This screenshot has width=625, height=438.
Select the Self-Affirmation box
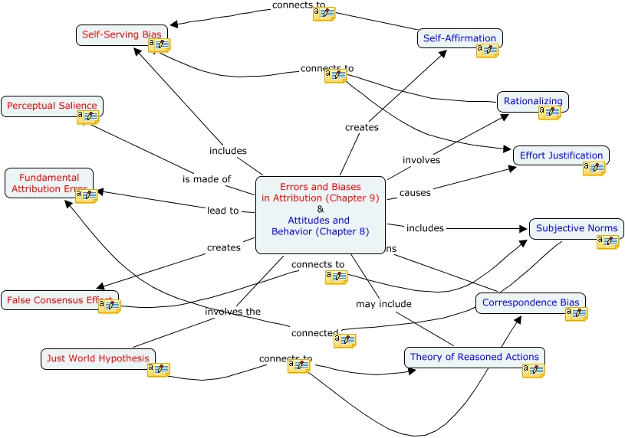(460, 38)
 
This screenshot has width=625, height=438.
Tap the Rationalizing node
(533, 101)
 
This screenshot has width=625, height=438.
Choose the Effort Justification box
(561, 155)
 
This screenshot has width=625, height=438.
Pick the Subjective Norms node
(577, 228)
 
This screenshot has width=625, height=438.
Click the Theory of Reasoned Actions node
(474, 357)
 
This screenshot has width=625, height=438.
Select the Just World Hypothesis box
(97, 358)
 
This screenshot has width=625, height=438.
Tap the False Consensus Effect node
(60, 300)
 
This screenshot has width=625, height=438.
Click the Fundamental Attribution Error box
(49, 183)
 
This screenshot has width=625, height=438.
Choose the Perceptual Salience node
(52, 106)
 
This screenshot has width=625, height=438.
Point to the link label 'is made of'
(206, 179)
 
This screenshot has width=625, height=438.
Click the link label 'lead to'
(222, 210)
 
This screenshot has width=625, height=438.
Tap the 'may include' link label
(383, 304)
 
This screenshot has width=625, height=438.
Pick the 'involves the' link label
(232, 312)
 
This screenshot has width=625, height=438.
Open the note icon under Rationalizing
(549, 113)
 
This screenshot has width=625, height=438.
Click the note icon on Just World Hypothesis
(158, 370)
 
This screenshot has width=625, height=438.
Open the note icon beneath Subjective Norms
(607, 242)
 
